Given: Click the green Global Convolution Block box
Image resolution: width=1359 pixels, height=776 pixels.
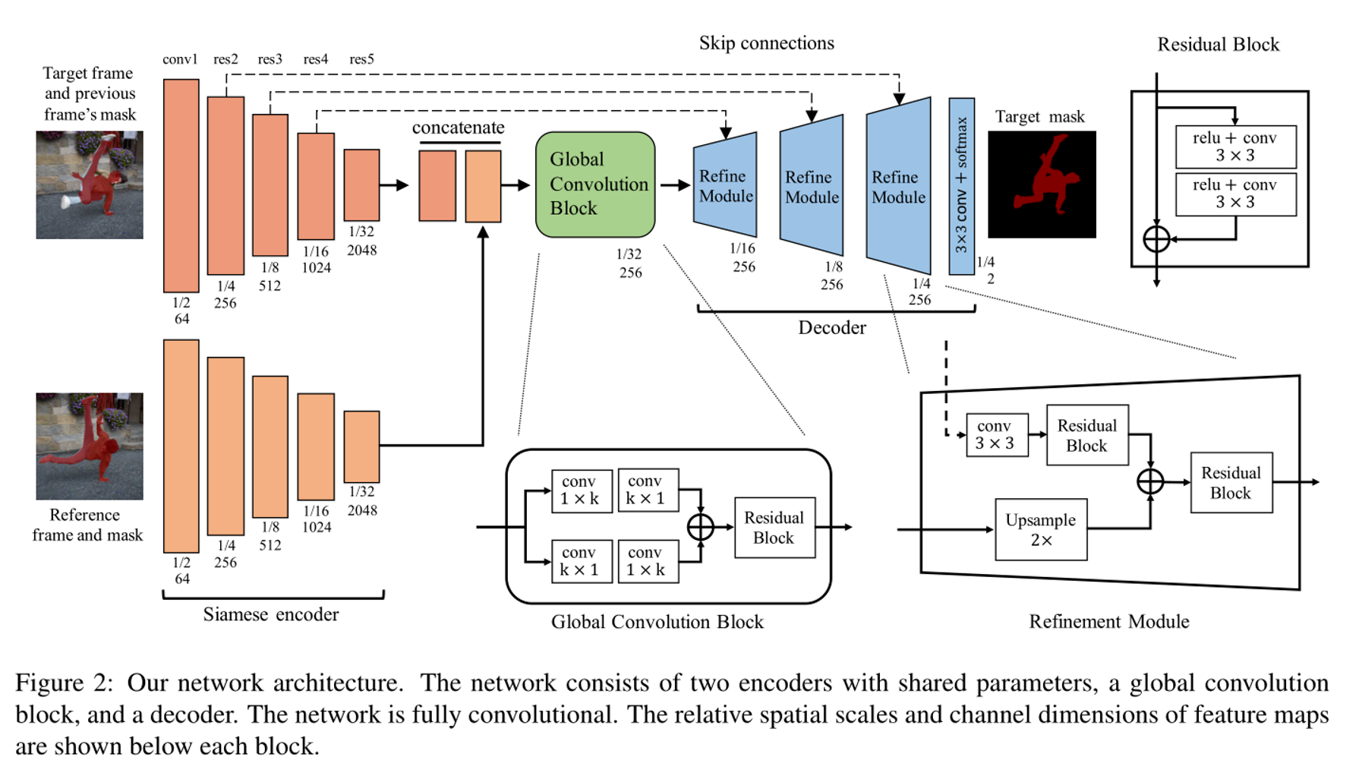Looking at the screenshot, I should pyautogui.click(x=595, y=185).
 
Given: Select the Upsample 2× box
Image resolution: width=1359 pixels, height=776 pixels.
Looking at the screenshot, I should pyautogui.click(x=1041, y=530).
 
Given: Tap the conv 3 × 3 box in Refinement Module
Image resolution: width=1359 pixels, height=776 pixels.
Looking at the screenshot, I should pyautogui.click(x=997, y=435).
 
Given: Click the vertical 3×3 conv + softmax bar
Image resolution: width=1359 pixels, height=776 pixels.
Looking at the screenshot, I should pyautogui.click(x=961, y=186).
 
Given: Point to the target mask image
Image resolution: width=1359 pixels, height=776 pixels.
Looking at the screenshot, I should pyautogui.click(x=1042, y=185).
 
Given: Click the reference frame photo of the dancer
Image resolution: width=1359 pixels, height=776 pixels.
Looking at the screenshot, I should pyautogui.click(x=90, y=446).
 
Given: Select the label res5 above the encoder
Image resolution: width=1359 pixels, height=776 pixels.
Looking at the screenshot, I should pyautogui.click(x=361, y=59).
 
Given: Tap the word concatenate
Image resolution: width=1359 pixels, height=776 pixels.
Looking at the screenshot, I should pyautogui.click(x=458, y=128).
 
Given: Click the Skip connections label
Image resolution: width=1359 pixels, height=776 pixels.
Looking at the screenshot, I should pyautogui.click(x=766, y=43).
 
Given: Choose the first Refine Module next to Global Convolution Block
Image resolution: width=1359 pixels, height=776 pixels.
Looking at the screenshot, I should pyautogui.click(x=726, y=186).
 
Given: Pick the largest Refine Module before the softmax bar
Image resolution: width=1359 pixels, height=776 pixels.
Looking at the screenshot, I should pyautogui.click(x=899, y=186).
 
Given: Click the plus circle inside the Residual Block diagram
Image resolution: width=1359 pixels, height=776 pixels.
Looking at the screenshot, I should pyautogui.click(x=1156, y=239).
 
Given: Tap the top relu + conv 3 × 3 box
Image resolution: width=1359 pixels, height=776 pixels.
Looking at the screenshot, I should pyautogui.click(x=1235, y=147).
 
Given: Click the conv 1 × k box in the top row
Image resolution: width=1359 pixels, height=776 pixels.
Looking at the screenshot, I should pyautogui.click(x=582, y=491).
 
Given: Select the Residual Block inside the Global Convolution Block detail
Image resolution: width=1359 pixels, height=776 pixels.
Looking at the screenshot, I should pyautogui.click(x=774, y=528).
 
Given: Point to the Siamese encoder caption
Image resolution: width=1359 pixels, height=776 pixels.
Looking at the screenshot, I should pyautogui.click(x=270, y=614).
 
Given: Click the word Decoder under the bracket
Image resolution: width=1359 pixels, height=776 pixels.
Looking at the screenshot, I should pyautogui.click(x=831, y=328).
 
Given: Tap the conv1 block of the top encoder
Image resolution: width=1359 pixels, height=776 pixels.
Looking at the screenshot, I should pyautogui.click(x=181, y=186).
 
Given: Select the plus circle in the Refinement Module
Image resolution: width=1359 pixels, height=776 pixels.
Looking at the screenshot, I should pyautogui.click(x=1150, y=481).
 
